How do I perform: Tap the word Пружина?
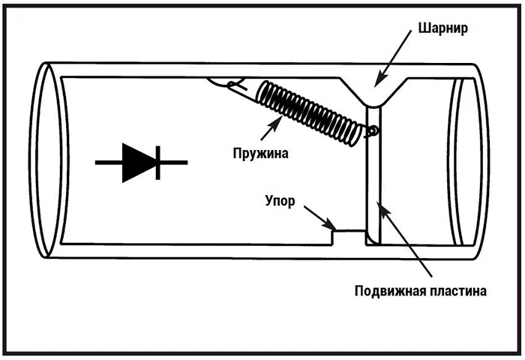[x=259, y=153]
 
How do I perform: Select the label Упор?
[x=284, y=202]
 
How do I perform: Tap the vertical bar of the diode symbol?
[x=157, y=161]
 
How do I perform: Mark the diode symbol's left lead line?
[x=109, y=161]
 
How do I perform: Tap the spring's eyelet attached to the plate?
[x=373, y=131]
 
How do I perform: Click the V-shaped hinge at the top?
[x=372, y=94]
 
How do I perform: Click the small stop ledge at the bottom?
[x=348, y=232]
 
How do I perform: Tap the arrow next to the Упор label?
[x=319, y=218]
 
